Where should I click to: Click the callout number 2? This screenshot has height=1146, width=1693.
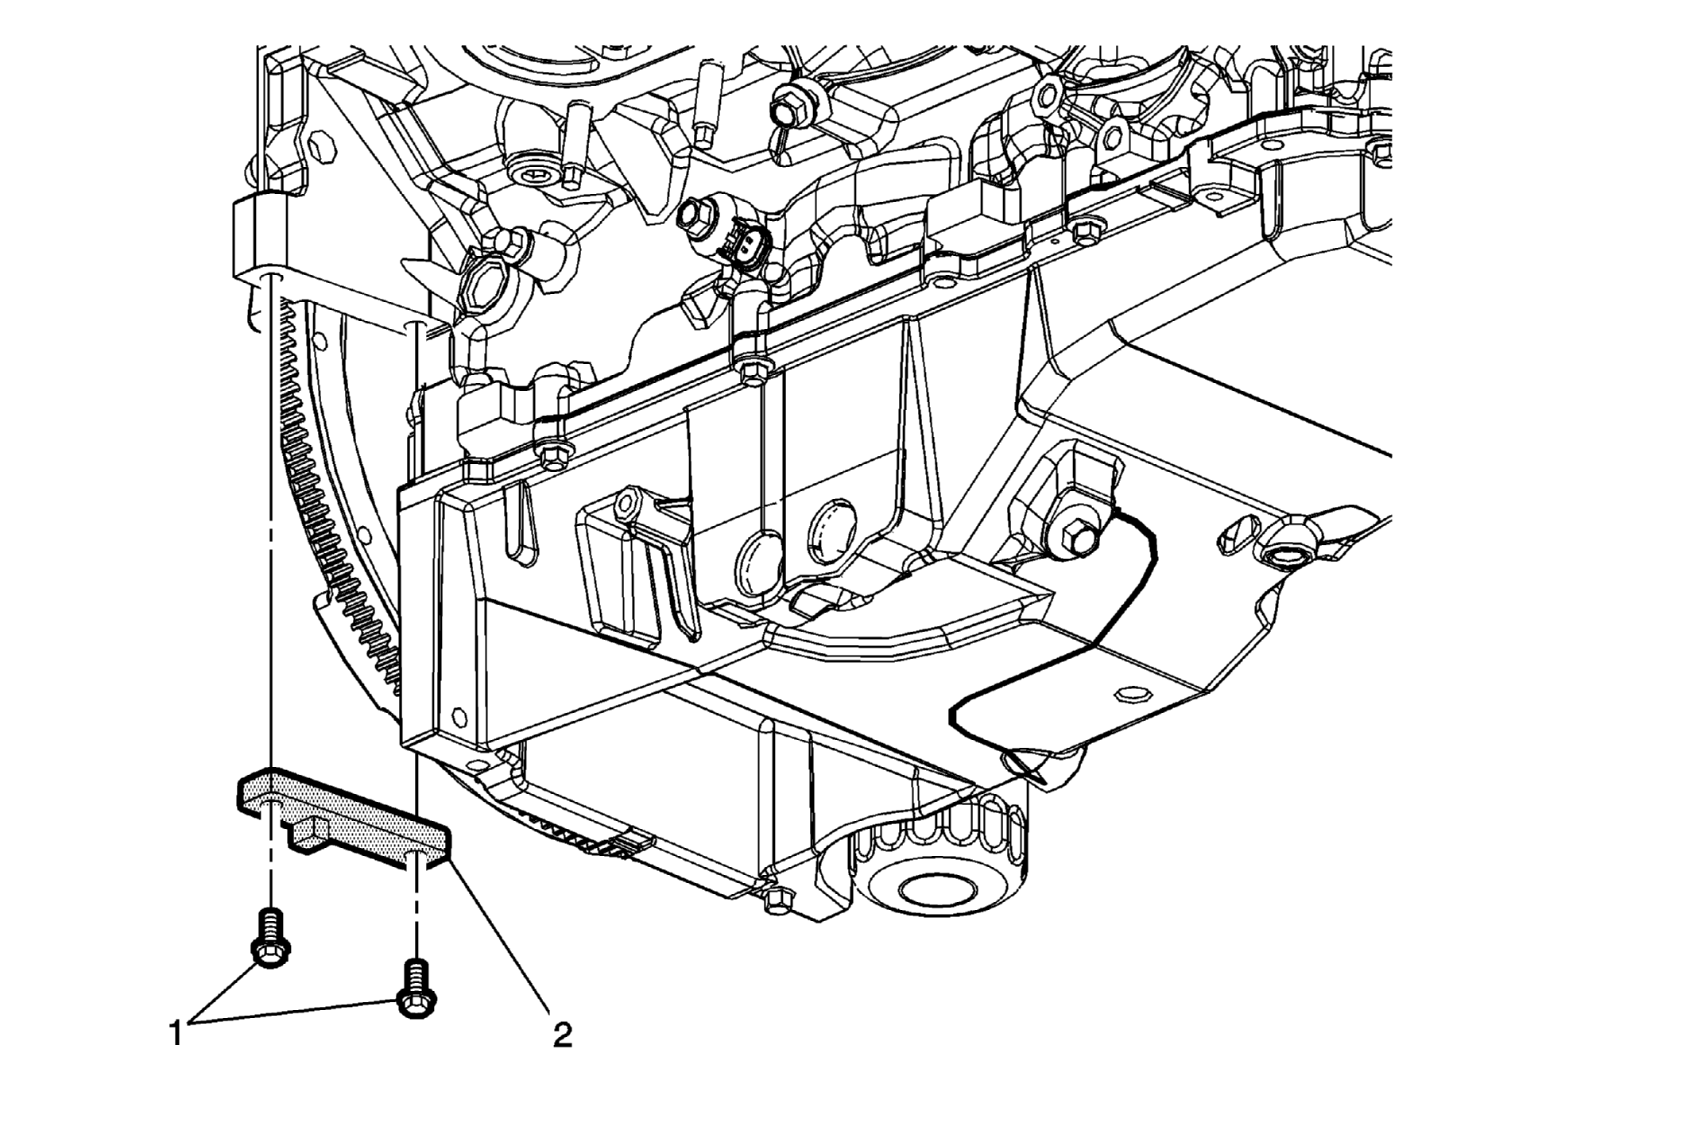tap(562, 1034)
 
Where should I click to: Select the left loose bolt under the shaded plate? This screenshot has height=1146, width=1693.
tap(270, 939)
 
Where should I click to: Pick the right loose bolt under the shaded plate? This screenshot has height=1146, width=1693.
tap(416, 989)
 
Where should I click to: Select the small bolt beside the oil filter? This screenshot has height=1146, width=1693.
tap(777, 899)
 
